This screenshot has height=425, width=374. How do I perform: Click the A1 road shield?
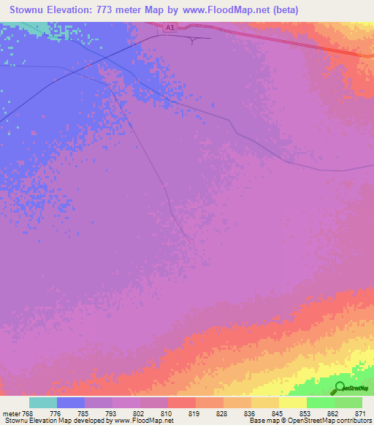coord(169,28)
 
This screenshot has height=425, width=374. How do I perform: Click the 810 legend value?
coord(167,413)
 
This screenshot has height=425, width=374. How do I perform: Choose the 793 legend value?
coord(111,413)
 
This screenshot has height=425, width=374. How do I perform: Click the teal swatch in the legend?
coord(43,402)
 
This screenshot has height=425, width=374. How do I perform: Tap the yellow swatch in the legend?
coord(292,402)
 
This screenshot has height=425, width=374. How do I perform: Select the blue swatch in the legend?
coord(71,402)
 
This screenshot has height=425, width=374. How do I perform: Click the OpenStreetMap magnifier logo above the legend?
coord(340,388)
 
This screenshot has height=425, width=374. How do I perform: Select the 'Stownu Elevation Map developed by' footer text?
coord(52,421)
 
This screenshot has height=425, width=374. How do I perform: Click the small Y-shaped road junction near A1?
coord(193,39)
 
